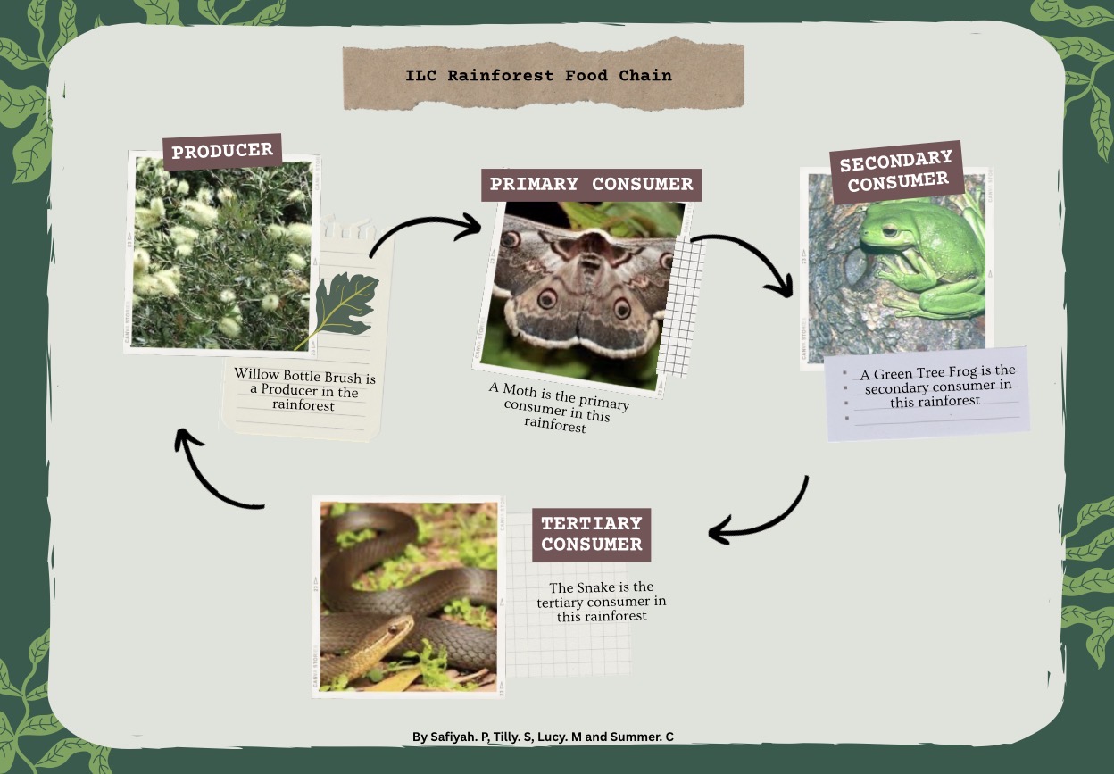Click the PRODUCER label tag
point(222,151)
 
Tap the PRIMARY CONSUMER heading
point(591,185)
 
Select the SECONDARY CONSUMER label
point(897,171)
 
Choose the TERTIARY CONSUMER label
point(591,534)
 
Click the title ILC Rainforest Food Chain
point(538,76)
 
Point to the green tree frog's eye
point(889,230)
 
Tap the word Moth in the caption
point(520,390)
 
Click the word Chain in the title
point(645,76)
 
